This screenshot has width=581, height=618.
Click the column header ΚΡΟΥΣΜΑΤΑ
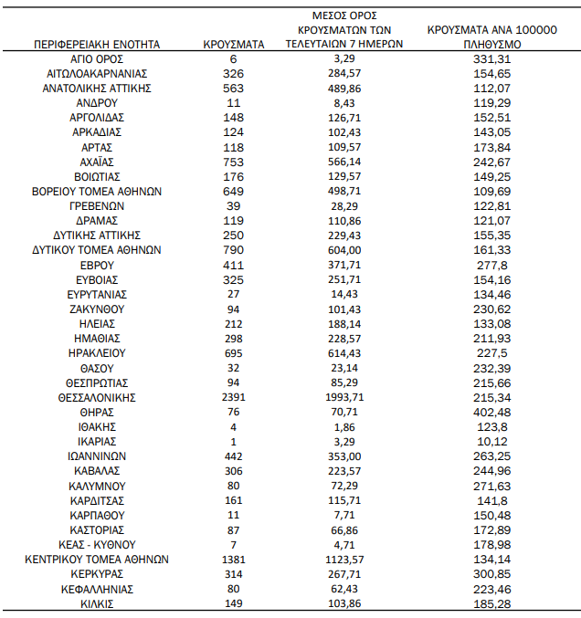point(234,43)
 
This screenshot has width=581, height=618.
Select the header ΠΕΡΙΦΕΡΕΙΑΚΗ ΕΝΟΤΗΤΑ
point(97,43)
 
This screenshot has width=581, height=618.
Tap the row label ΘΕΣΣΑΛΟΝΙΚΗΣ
point(97,397)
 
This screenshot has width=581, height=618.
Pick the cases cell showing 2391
point(234,397)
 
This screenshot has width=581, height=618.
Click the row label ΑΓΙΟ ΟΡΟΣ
point(97,58)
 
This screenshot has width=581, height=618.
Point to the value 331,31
point(492,58)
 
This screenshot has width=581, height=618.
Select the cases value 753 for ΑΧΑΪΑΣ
point(234,162)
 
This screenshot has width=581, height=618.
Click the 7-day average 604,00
point(344,249)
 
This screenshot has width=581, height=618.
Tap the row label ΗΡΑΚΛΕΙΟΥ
point(97,352)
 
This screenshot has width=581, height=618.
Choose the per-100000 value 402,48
point(492,412)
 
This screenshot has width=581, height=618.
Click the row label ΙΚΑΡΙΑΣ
point(97,441)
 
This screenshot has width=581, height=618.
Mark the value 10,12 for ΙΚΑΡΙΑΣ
point(492,441)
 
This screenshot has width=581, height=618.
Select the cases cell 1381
point(234,559)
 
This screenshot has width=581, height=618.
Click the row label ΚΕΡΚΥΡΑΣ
point(97,573)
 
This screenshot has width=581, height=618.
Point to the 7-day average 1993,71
point(344,397)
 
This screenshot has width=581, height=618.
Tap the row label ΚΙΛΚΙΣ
point(97,603)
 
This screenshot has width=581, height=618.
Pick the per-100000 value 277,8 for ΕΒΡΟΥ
point(492,264)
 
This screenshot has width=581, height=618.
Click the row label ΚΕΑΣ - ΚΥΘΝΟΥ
point(97,544)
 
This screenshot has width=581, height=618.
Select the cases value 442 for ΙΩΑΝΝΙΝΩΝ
point(234,456)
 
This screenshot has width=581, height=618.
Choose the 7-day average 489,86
point(344,88)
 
